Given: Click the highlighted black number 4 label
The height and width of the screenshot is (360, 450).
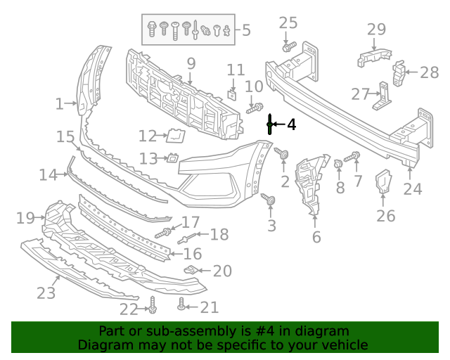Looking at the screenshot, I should pyautogui.click(x=291, y=124).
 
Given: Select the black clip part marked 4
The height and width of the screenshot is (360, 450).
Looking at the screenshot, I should pyautogui.click(x=269, y=124).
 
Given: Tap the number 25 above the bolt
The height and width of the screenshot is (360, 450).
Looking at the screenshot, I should pyautogui.click(x=288, y=23).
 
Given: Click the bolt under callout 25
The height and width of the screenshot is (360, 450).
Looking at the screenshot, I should pyautogui.click(x=288, y=47).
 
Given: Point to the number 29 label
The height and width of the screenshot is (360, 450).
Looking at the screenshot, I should pyautogui.click(x=377, y=29).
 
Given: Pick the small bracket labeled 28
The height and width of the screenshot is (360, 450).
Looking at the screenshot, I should pyautogui.click(x=398, y=72).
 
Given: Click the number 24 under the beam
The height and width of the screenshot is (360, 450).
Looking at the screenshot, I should pyautogui.click(x=413, y=188).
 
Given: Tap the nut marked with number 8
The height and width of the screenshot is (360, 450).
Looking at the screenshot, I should pyautogui.click(x=338, y=164).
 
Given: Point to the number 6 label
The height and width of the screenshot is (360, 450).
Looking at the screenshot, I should pyautogui.click(x=316, y=237).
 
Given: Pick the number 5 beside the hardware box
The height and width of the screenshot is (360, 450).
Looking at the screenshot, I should pyautogui.click(x=246, y=30).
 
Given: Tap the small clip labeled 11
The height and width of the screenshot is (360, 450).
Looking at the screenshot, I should pyautogui.click(x=233, y=93).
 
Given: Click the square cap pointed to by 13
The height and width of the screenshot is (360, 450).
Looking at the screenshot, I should pyautogui.click(x=172, y=159).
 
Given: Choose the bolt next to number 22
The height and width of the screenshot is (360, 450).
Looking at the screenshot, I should pyautogui.click(x=153, y=307).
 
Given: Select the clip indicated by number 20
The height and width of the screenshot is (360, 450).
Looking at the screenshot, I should pyautogui.click(x=191, y=270).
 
